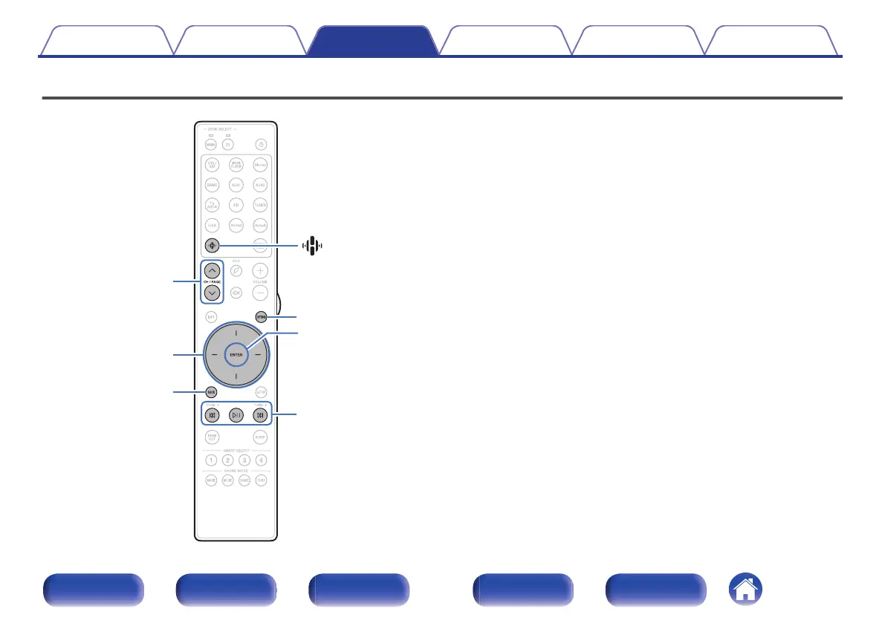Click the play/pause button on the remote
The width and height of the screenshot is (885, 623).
click(x=236, y=415)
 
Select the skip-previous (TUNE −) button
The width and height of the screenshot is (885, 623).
click(x=212, y=415)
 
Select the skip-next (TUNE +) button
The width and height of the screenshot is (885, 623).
click(x=260, y=415)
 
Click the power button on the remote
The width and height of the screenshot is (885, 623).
click(x=260, y=144)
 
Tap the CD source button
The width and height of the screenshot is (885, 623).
click(x=236, y=204)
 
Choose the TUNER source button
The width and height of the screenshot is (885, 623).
click(x=260, y=204)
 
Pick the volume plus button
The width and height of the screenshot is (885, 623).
click(x=260, y=271)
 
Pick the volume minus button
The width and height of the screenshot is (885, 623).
click(x=260, y=293)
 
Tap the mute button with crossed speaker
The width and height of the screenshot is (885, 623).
click(x=236, y=293)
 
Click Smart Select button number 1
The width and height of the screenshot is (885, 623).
click(x=212, y=460)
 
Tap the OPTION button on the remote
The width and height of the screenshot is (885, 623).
click(x=261, y=317)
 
